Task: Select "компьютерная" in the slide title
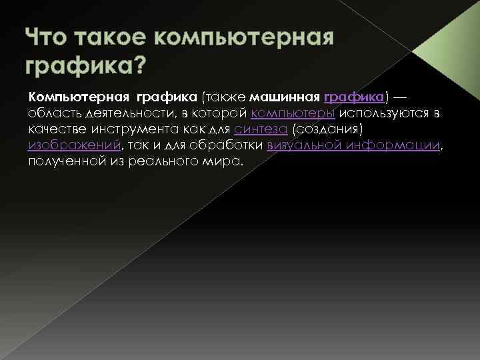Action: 251,38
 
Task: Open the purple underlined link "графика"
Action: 353,97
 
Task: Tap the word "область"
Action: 55,113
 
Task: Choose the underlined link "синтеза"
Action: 256,129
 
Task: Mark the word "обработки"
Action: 231,145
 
